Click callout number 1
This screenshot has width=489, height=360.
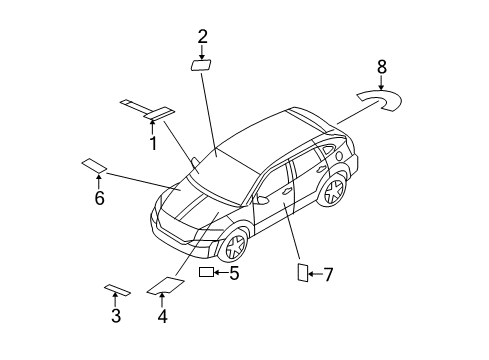[x=154, y=144]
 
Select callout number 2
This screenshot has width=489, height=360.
[x=202, y=37]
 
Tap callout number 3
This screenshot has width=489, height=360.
[x=116, y=316]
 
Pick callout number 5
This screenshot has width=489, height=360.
[x=234, y=272]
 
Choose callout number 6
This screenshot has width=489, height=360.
[x=99, y=199]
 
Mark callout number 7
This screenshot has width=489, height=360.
[x=327, y=274]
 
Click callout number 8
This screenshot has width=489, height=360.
[x=381, y=67]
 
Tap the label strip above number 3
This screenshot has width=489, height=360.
[x=117, y=290]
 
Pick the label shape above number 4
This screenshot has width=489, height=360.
[x=162, y=287]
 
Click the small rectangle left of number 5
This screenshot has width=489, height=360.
[x=207, y=272]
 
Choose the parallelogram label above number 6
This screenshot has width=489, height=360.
[x=95, y=164]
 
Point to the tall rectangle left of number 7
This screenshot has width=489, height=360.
[x=301, y=273]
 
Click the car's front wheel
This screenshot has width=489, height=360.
[x=233, y=244]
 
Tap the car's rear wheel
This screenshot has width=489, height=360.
[x=334, y=190]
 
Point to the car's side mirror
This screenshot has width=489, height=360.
[x=264, y=199]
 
